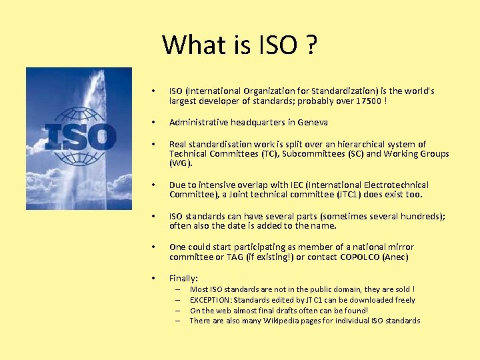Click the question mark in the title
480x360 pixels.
click(x=310, y=45)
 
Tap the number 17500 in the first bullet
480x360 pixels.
click(x=369, y=101)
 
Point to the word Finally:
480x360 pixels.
click(x=184, y=279)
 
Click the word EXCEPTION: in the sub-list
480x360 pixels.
click(x=211, y=300)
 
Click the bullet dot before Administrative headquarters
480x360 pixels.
click(x=153, y=123)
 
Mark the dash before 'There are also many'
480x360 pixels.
click(x=179, y=321)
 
